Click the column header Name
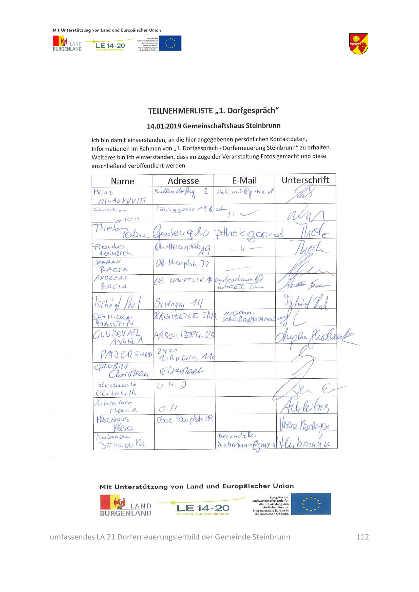[122, 181]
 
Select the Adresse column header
[183, 181]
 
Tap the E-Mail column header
[244, 180]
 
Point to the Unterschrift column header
[305, 180]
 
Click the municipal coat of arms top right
[359, 44]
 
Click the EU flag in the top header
[170, 43]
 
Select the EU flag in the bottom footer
[311, 504]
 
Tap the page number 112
[362, 537]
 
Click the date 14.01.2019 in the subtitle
[164, 126]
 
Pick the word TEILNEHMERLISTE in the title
[180, 111]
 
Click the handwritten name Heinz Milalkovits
[120, 196]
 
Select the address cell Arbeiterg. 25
[184, 335]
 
